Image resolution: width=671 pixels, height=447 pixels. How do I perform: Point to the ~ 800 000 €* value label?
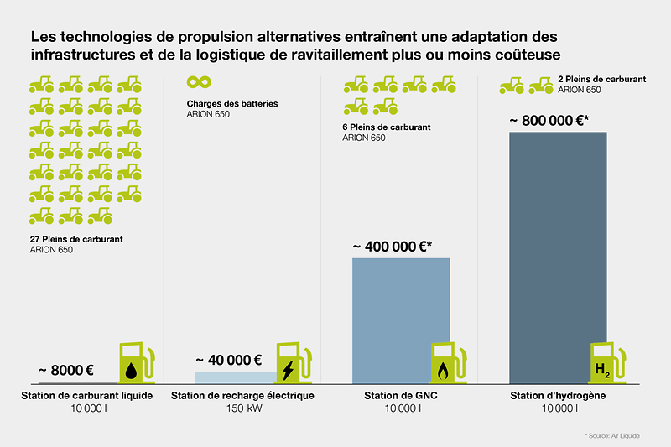[x=549, y=120]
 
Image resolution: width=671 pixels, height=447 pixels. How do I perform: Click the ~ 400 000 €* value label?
[x=392, y=247]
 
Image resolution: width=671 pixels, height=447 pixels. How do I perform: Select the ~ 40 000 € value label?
[x=229, y=361]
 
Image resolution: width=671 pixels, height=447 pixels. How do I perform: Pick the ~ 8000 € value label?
[x=65, y=370]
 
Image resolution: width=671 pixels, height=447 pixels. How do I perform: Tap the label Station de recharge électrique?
[x=242, y=395]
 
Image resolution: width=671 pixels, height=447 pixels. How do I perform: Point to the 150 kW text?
[x=242, y=408]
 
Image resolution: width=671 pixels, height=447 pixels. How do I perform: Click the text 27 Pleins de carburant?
[x=76, y=239]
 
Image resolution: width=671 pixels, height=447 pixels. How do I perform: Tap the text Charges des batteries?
[x=232, y=104]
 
